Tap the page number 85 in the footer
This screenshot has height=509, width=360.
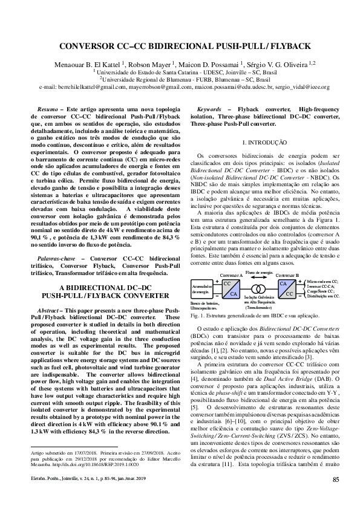(336, 497)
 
